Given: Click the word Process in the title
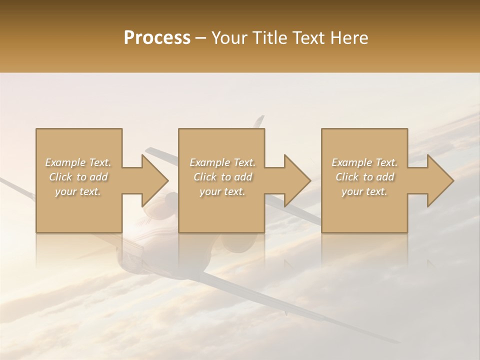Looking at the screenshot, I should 157,37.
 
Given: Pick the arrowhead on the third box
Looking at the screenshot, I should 439,180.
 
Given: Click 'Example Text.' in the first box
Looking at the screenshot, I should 78,162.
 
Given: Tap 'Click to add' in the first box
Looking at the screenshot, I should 78,177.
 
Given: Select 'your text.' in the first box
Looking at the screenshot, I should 78,191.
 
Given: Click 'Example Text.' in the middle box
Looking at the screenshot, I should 222,162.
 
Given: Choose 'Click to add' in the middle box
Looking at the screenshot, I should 222,177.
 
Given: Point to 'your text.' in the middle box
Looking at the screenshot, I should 222,191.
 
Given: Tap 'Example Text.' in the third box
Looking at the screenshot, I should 364,162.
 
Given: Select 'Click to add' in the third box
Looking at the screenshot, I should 364,177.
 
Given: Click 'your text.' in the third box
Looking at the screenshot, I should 364,191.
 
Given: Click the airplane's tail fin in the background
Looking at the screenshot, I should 258,121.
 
